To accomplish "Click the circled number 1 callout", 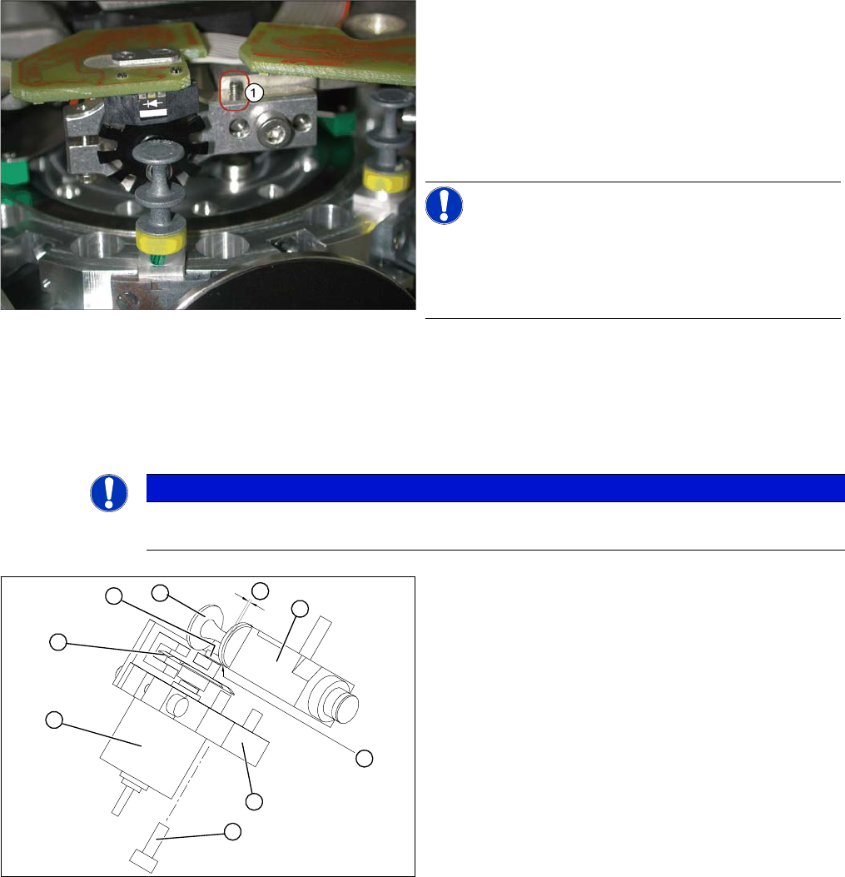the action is tap(254, 92).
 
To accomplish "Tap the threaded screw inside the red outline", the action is tap(234, 90).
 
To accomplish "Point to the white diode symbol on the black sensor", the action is tap(152, 103).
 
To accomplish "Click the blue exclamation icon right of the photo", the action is tap(444, 205).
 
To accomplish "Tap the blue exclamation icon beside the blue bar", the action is tap(109, 493).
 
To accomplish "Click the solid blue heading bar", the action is tap(495, 488).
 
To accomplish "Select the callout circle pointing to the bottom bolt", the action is tap(232, 832).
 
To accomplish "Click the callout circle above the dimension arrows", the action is tap(260, 590).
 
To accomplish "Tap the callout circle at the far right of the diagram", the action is tap(365, 759).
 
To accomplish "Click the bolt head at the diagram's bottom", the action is tap(143, 860).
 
